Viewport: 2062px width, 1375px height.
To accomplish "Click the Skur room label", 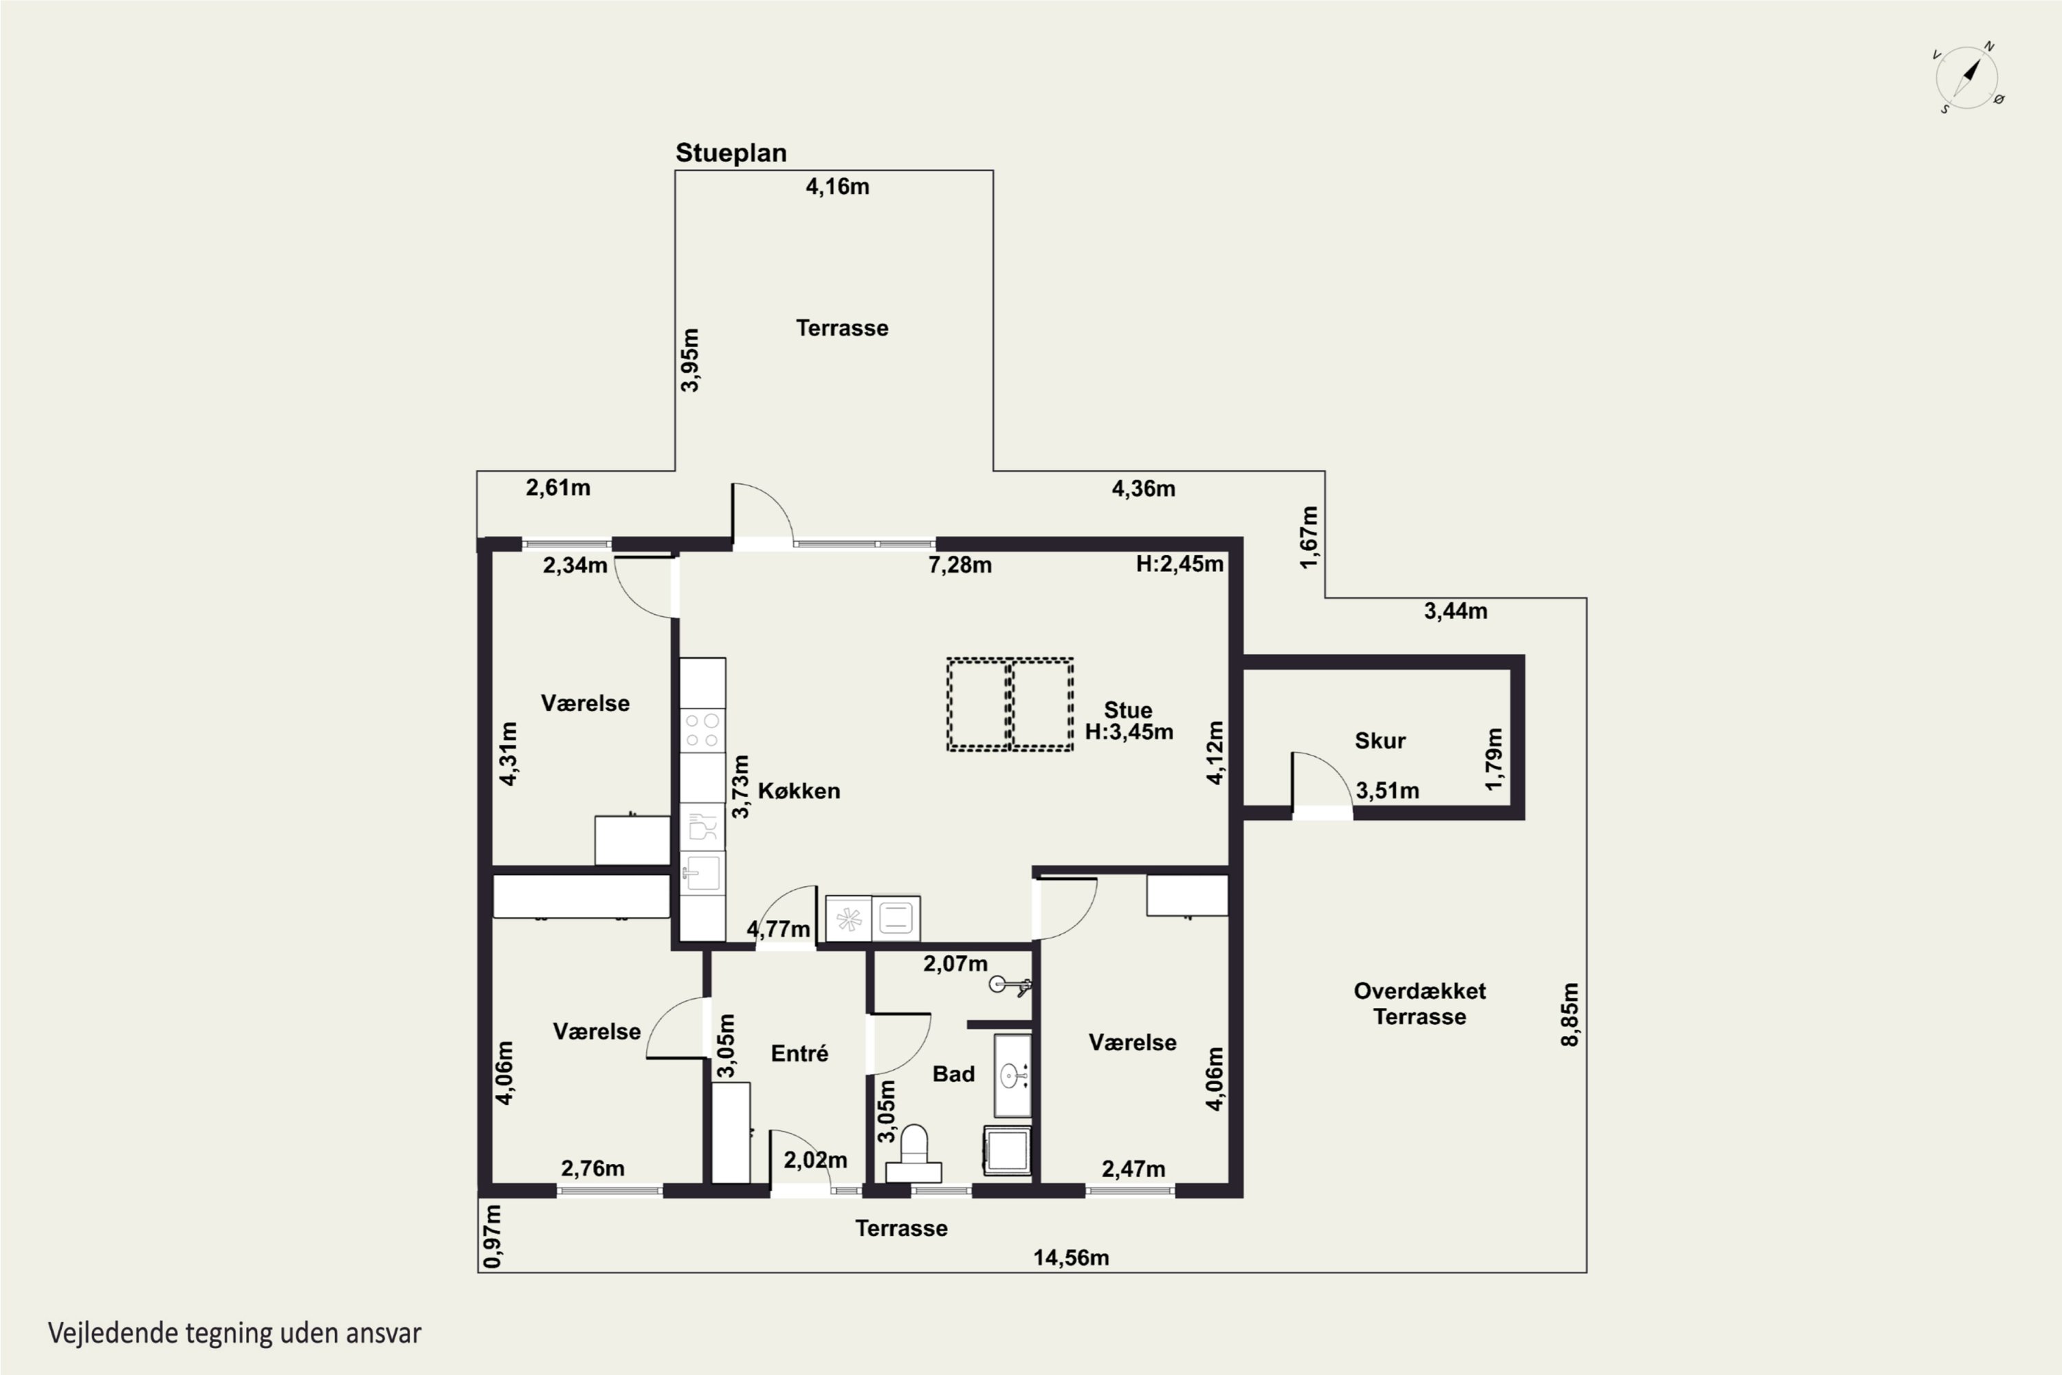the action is (x=1380, y=740).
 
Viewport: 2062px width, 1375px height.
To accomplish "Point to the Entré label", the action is (x=799, y=1053).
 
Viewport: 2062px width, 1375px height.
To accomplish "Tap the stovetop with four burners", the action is (x=702, y=729).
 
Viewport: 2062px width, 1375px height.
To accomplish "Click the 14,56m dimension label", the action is (x=1070, y=1257).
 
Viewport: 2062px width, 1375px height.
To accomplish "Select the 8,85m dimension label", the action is (x=1569, y=1015).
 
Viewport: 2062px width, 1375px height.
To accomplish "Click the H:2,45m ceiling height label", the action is (x=1179, y=564).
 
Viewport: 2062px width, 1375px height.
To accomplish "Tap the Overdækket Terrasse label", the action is (x=1419, y=1004).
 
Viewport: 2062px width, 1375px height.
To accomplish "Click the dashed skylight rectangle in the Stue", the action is (x=1010, y=704).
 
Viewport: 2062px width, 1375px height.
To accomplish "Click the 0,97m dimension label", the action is (x=493, y=1235).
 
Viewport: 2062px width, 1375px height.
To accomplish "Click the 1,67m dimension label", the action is (x=1308, y=537).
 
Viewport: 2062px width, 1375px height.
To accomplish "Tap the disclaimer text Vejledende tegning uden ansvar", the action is (x=235, y=1333).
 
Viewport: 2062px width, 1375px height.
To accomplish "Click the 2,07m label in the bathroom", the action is (x=955, y=964).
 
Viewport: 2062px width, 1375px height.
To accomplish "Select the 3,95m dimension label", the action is (x=690, y=360).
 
